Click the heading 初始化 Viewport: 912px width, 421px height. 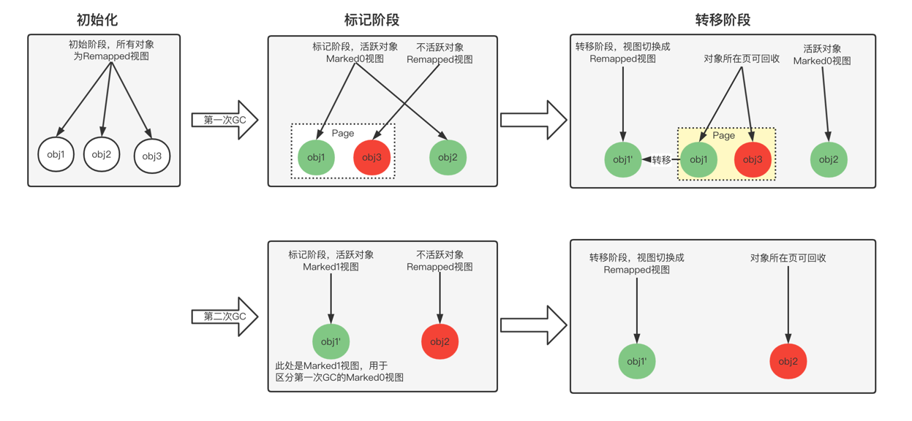pos(97,20)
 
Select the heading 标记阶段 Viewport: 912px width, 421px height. pos(372,20)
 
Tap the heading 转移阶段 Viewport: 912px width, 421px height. pos(723,20)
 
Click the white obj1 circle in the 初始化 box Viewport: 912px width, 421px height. pos(56,155)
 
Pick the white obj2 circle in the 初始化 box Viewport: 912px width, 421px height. pos(102,154)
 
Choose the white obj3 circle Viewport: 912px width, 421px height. pos(152,156)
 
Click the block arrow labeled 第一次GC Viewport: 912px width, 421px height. pos(224,120)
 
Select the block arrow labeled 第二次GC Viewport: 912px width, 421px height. pos(224,316)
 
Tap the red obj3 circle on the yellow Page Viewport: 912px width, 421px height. pos(753,159)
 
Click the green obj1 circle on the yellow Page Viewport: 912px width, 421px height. pos(698,159)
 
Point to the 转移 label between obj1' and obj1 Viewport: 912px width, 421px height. pos(661,159)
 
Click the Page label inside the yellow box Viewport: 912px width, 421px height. pos(723,135)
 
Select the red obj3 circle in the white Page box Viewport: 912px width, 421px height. pos(372,157)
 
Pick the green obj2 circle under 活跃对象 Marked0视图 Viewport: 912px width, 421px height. pos(829,159)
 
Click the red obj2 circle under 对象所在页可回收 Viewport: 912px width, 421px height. pos(788,361)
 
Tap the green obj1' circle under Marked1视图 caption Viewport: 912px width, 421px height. pos(331,341)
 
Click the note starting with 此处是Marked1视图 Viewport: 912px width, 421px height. pos(339,371)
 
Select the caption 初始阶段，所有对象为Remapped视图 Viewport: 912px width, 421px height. pos(111,50)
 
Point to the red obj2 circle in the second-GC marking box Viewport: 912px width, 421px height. pos(440,341)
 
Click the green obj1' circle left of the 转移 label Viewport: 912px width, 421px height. pos(622,159)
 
